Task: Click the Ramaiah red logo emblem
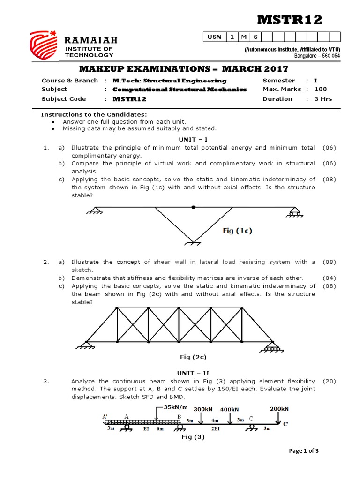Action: (x=44, y=47)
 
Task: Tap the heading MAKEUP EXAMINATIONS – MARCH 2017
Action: (x=183, y=69)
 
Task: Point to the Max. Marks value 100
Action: (x=321, y=89)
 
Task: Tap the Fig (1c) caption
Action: (x=237, y=231)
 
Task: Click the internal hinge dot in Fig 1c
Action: (x=194, y=207)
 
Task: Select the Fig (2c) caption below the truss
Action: (x=193, y=357)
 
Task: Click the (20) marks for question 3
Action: (x=330, y=381)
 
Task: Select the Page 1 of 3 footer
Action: (x=305, y=451)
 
